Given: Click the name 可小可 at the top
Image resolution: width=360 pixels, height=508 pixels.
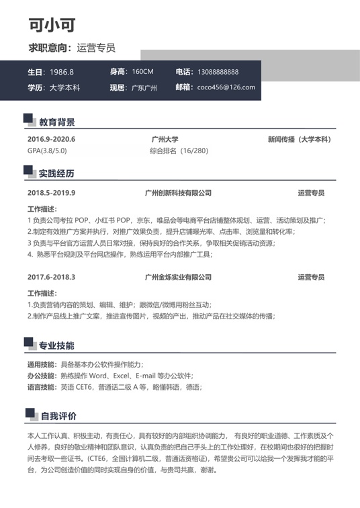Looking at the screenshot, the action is coord(52,25).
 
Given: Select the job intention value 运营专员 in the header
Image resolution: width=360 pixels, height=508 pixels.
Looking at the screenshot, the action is coord(96,48).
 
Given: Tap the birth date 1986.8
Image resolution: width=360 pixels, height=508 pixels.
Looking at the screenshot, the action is coord(62,72).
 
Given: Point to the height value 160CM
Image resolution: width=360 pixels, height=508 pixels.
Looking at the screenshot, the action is coord(142,72).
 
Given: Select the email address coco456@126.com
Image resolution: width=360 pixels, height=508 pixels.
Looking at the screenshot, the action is coord(226,87).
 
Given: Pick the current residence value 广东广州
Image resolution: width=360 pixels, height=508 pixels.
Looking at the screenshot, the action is coord(144,87).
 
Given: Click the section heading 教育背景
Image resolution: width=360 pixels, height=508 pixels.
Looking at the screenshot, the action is coord(56,122).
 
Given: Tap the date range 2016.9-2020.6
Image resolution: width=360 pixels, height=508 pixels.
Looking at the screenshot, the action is coord(52,140).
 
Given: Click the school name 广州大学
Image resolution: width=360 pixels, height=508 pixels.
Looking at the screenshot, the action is coord(165,140).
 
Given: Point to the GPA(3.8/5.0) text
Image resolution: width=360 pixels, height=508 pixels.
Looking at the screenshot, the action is coord(47,151).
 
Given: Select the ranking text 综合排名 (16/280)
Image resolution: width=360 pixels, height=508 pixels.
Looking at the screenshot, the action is coord(179,151).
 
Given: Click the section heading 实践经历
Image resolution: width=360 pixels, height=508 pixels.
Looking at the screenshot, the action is coord(56,173).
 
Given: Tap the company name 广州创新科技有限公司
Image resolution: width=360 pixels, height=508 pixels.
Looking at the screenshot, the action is coord(178,193).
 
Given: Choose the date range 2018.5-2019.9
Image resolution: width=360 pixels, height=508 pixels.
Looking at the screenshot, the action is coord(52,193).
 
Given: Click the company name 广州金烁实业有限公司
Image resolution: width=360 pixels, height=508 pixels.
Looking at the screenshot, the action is coord(178,277).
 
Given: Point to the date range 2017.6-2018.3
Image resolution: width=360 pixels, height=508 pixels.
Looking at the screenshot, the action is coord(52,277).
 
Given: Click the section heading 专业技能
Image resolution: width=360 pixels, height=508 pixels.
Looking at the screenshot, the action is coord(56,346).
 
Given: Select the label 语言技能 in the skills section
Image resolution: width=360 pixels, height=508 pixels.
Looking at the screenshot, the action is coord(42,387).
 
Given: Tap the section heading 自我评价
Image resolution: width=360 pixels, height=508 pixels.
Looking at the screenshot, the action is coord(58,417).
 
